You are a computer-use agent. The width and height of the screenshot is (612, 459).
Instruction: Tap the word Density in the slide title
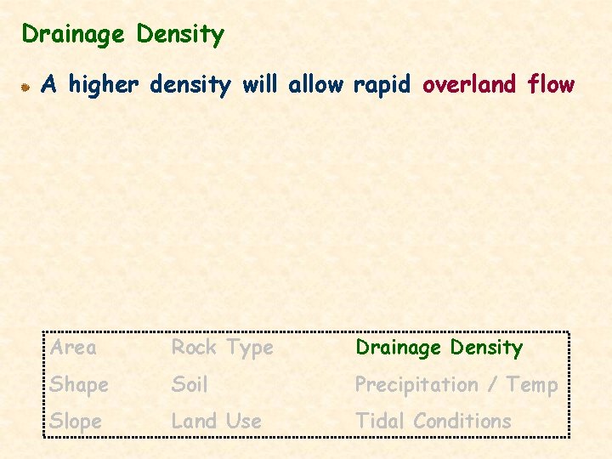(x=179, y=35)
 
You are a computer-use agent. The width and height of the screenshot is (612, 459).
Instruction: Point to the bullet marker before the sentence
(x=27, y=86)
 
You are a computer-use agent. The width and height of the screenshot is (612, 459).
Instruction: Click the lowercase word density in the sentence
(x=191, y=85)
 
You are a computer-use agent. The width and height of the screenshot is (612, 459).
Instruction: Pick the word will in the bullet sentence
(x=260, y=84)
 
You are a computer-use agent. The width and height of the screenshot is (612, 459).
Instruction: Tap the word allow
(x=316, y=84)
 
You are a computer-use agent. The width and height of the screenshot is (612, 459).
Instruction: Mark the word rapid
(x=382, y=85)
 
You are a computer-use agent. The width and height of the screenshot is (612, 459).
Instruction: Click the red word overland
(x=469, y=84)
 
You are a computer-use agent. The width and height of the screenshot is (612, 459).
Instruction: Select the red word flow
(x=551, y=84)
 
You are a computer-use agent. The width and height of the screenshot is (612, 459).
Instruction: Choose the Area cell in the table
(x=73, y=347)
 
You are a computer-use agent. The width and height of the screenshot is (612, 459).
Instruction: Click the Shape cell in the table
(x=79, y=385)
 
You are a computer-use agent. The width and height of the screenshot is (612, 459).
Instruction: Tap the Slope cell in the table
(x=76, y=421)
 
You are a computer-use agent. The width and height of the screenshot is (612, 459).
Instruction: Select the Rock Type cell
(x=223, y=348)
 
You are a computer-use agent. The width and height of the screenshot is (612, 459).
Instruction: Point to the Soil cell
(x=190, y=384)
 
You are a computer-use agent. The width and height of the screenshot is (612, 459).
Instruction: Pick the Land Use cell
(x=217, y=421)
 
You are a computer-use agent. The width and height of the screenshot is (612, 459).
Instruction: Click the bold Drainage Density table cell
(x=439, y=347)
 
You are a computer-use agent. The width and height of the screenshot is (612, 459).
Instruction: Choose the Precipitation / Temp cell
(x=456, y=385)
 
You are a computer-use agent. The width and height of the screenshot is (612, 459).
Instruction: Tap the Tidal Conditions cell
(x=433, y=421)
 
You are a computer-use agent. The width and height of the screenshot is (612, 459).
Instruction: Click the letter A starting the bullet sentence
(x=49, y=84)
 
